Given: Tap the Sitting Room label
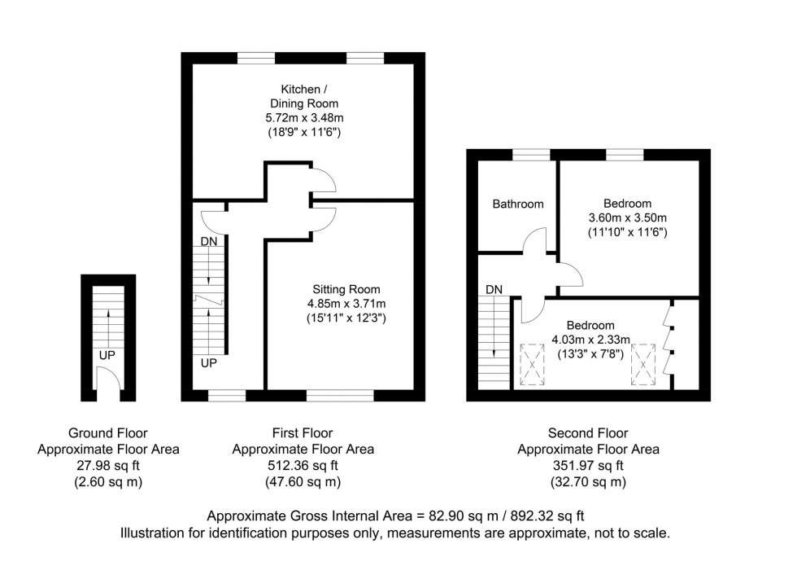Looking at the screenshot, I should click(346, 289).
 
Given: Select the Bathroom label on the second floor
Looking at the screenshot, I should click(518, 204).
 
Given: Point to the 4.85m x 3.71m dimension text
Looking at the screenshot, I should click(346, 303).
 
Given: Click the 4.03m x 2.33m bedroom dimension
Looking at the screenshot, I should click(590, 339).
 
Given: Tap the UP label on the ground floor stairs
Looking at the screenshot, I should click(107, 356).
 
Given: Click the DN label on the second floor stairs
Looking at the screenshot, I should click(493, 289).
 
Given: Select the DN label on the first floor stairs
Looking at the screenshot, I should click(209, 242).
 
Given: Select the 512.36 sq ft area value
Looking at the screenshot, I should click(303, 466).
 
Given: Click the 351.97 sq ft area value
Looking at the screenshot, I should click(588, 466).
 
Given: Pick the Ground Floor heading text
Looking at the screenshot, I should click(108, 433).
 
